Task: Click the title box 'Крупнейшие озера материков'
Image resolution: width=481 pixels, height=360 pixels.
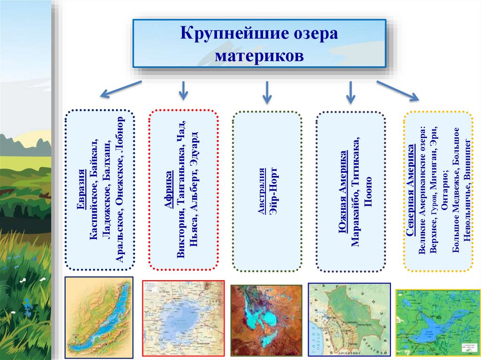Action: point(259,43)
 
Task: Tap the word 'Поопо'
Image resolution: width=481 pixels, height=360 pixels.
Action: point(368,192)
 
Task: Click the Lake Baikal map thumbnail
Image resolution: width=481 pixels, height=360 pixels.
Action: point(99,317)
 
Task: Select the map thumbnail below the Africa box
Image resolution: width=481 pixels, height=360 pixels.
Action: point(183,319)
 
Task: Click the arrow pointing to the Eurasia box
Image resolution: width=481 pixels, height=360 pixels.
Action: point(121,89)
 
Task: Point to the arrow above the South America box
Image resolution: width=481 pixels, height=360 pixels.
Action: point(350,92)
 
